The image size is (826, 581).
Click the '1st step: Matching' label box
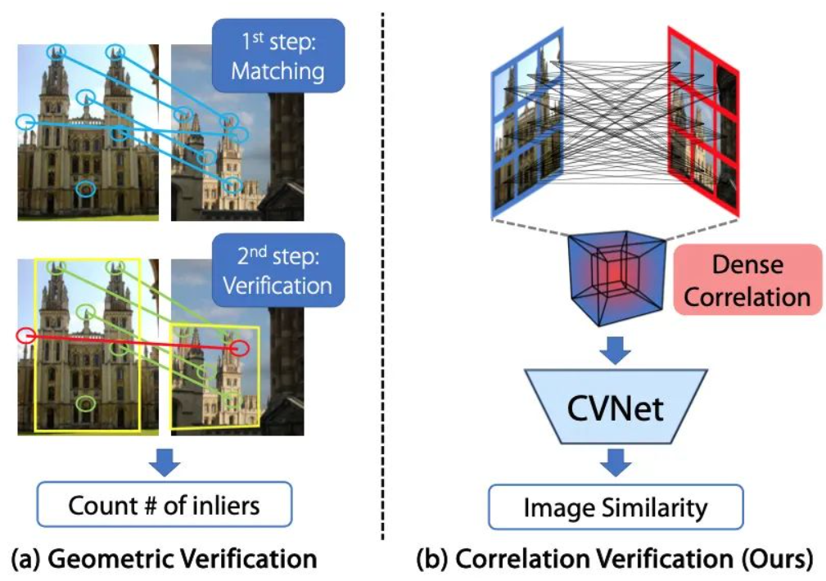click(278, 56)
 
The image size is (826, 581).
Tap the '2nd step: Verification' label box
click(278, 270)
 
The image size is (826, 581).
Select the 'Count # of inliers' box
click(165, 505)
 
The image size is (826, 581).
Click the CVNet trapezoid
click(616, 407)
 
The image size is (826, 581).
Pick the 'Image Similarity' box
click(616, 507)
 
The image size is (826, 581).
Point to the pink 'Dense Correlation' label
click(747, 280)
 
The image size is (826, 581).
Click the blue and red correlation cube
click(616, 277)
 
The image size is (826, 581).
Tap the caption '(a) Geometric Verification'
click(164, 558)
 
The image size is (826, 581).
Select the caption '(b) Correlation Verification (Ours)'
click(615, 558)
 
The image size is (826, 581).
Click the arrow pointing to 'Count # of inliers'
click(165, 462)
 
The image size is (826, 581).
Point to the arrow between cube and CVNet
click(616, 349)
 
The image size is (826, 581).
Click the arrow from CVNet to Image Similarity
click(616, 462)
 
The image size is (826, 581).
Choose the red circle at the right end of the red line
click(239, 348)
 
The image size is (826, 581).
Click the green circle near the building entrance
click(86, 403)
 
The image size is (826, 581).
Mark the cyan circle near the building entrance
click(86, 188)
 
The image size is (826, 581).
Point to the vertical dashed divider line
click(382, 277)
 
